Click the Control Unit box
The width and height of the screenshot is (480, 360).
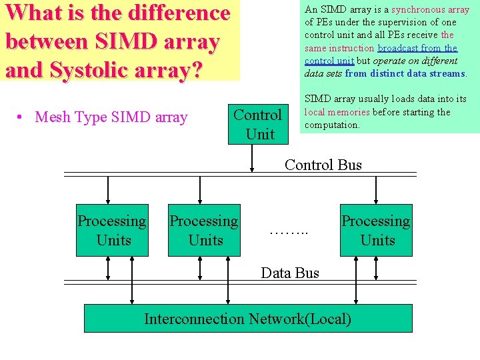click(x=259, y=124)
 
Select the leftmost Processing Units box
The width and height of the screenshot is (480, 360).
click(x=112, y=230)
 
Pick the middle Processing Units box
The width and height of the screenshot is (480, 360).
click(x=204, y=230)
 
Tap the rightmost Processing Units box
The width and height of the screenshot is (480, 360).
click(x=376, y=230)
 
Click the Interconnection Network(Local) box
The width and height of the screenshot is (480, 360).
click(x=247, y=319)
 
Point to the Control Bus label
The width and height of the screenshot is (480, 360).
click(x=323, y=164)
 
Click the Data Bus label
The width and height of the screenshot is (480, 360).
click(x=290, y=273)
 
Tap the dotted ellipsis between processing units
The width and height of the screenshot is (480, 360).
click(x=288, y=233)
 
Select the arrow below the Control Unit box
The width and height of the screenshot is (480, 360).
click(x=252, y=159)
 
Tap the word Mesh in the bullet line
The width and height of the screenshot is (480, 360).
click(x=51, y=118)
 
